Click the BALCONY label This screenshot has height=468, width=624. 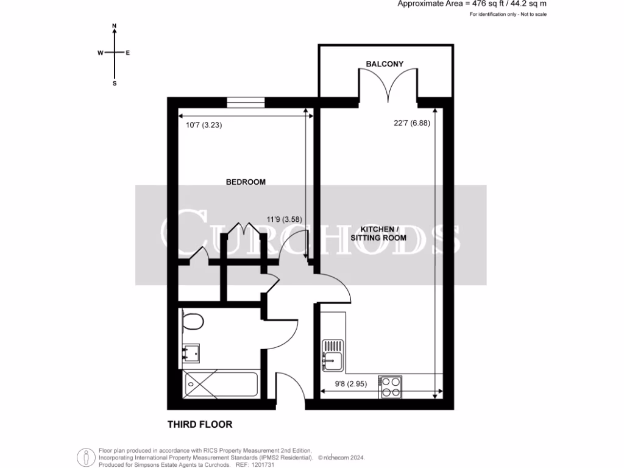(x=385, y=63)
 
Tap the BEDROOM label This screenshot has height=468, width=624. (x=246, y=182)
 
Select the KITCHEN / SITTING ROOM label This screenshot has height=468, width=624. (x=378, y=233)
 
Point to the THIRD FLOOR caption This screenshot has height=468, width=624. (x=200, y=424)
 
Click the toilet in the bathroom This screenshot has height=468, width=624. (x=191, y=321)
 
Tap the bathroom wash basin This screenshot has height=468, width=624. (x=191, y=352)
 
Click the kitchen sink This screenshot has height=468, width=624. (x=333, y=360)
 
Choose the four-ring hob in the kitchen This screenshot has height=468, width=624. (x=391, y=386)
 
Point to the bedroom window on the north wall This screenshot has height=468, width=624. (x=245, y=102)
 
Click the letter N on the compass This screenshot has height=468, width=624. (x=114, y=26)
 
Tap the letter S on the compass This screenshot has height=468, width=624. (x=114, y=83)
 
